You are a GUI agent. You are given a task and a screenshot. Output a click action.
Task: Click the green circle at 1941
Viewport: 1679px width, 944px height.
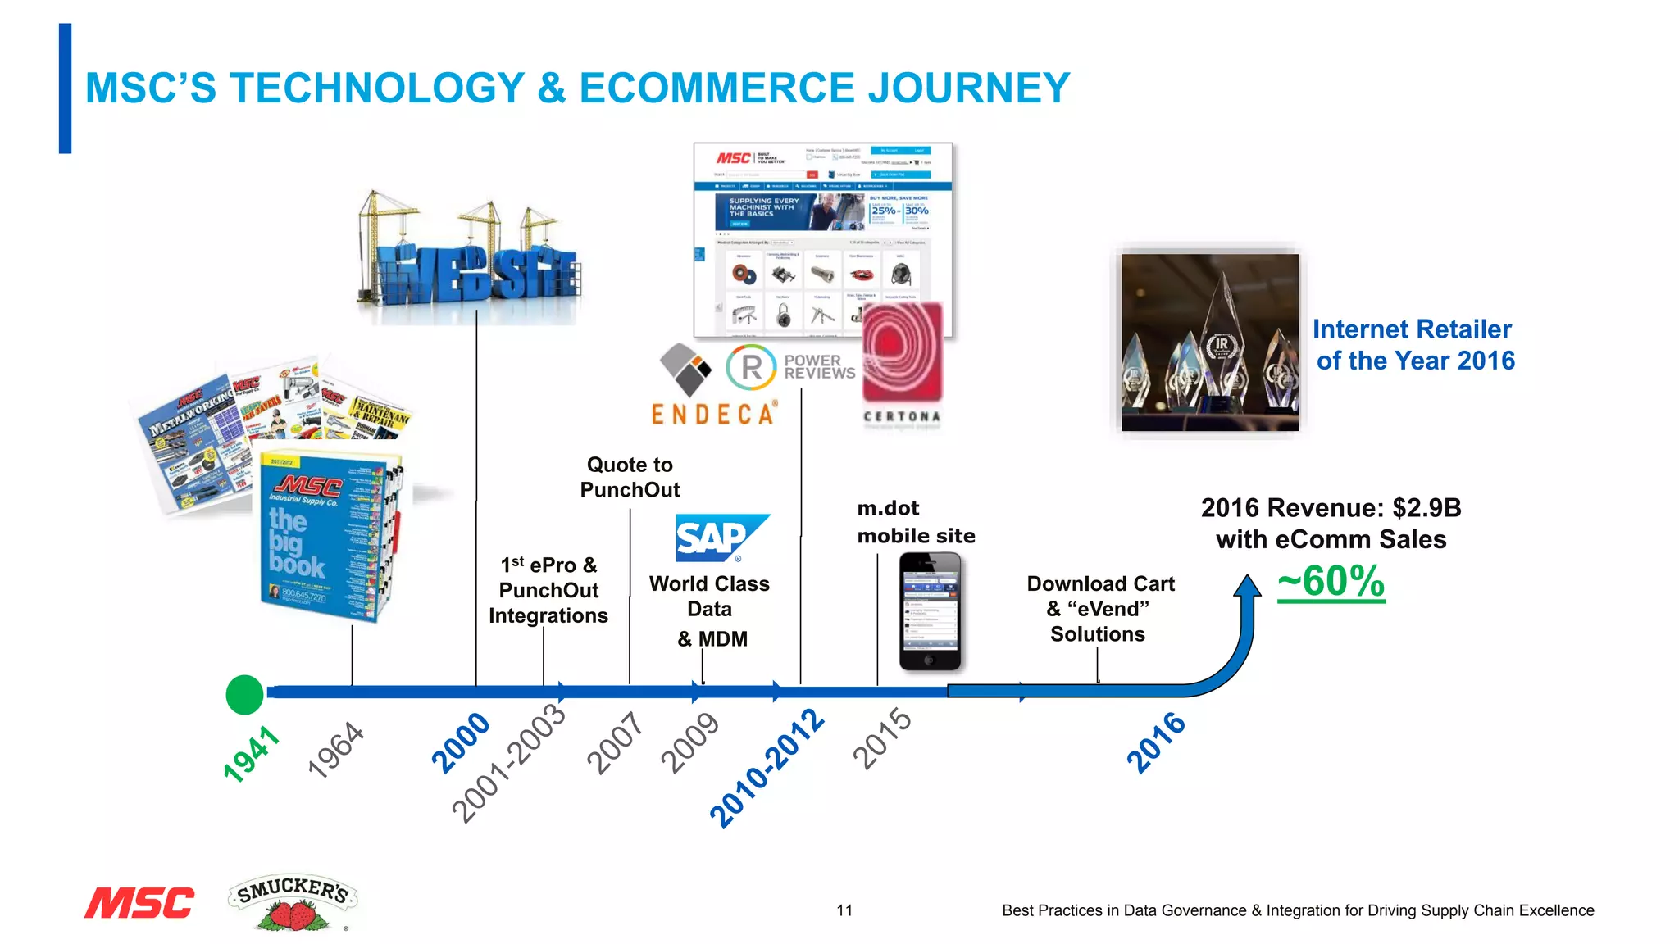[244, 695]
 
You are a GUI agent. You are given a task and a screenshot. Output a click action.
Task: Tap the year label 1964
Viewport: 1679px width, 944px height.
[335, 749]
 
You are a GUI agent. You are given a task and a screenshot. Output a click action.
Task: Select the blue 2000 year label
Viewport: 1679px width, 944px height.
[461, 742]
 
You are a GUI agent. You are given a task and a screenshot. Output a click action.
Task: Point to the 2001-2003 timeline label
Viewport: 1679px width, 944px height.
[509, 763]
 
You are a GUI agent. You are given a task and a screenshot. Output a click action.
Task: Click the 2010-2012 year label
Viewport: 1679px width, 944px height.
[767, 769]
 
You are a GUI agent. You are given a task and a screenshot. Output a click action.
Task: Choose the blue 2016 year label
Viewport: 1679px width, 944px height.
[1156, 742]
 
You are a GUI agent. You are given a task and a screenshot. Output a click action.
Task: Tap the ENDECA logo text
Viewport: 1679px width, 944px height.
[713, 415]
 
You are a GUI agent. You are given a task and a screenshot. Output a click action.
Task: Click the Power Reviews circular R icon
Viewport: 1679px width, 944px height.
[750, 368]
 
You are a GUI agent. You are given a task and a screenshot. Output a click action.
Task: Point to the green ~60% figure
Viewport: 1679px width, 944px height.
[1331, 582]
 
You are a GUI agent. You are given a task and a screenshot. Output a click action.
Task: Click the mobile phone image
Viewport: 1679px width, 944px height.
[930, 611]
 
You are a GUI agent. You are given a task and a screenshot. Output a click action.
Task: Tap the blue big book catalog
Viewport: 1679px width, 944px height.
[328, 537]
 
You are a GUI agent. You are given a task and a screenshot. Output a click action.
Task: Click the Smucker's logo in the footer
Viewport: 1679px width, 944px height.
[293, 901]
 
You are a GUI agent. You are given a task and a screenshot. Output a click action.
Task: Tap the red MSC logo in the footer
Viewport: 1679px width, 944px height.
[139, 903]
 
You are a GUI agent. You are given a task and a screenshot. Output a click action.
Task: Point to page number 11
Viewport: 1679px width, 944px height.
[844, 910]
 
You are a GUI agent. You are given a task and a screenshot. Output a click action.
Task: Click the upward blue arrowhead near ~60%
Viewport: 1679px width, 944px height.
[1247, 585]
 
